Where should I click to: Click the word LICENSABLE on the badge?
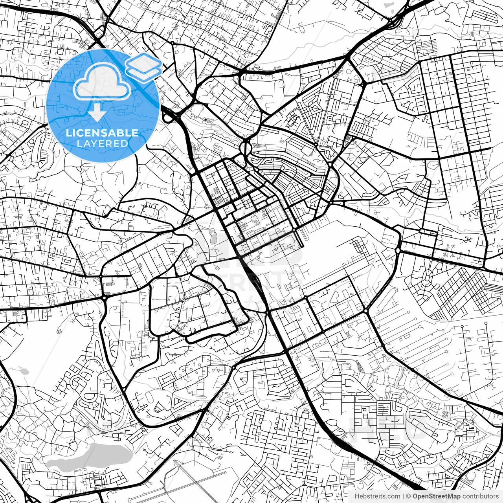pyautogui.click(x=102, y=133)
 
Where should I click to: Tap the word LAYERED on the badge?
pyautogui.click(x=102, y=144)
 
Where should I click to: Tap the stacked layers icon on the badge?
pyautogui.click(x=143, y=67)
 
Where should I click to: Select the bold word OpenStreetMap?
pyautogui.click(x=436, y=496)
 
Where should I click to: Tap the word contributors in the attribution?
pyautogui.click(x=479, y=496)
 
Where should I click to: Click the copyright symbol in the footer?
pyautogui.click(x=408, y=496)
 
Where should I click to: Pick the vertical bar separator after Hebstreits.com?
pyautogui.click(x=403, y=496)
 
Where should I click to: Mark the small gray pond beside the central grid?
pyautogui.click(x=213, y=237)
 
